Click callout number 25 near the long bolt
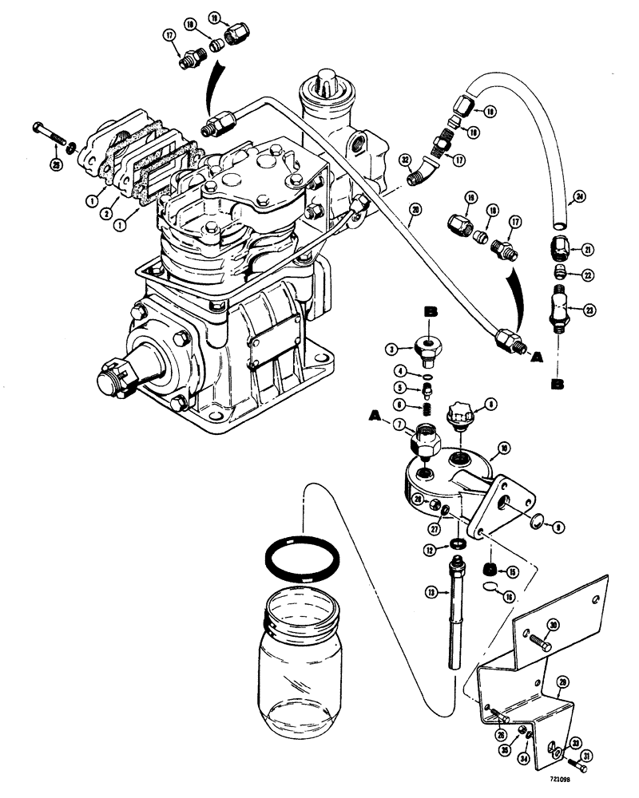[57, 165]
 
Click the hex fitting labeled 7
[424, 440]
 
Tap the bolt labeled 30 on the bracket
[539, 639]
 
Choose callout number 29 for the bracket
[562, 683]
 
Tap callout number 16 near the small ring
[510, 597]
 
